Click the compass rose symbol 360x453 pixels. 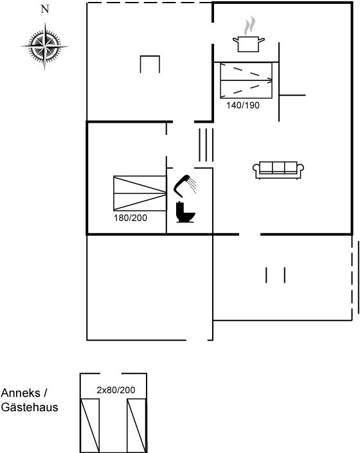tap(45, 46)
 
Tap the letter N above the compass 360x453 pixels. tap(45, 9)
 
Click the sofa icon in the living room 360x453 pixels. tap(278, 170)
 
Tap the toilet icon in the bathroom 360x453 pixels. tap(185, 212)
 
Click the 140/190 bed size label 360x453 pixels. tap(243, 105)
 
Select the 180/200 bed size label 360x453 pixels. tap(130, 218)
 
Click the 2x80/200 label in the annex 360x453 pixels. tap(116, 390)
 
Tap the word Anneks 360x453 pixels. tap(21, 393)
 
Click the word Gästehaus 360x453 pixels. tap(30, 407)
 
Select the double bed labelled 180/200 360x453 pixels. tap(140, 193)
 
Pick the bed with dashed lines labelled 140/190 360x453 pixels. tap(246, 80)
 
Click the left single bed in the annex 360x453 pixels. tap(90, 425)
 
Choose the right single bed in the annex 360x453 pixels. tap(137, 425)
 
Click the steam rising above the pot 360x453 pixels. tap(249, 26)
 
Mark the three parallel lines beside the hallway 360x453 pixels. tap(206, 145)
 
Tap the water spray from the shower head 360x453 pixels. tap(192, 185)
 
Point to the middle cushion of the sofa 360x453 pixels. tap(278, 167)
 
